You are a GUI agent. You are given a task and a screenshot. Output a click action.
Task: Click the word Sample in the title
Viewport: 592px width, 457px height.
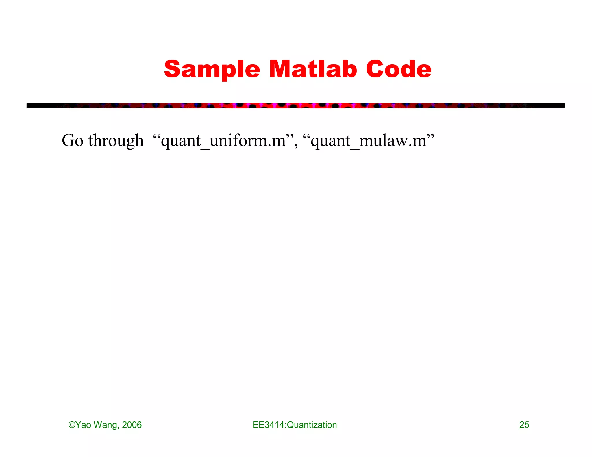click(x=212, y=69)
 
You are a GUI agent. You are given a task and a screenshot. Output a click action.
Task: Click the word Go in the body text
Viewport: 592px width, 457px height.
click(x=73, y=141)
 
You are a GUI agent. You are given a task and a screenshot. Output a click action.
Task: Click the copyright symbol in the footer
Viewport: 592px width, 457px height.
click(x=71, y=425)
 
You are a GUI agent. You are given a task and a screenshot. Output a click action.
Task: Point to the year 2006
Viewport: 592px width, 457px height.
click(x=132, y=425)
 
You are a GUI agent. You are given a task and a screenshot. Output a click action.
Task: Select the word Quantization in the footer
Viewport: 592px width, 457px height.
click(x=312, y=425)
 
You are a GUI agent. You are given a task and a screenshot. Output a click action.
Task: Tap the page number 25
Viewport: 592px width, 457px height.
click(x=524, y=425)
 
